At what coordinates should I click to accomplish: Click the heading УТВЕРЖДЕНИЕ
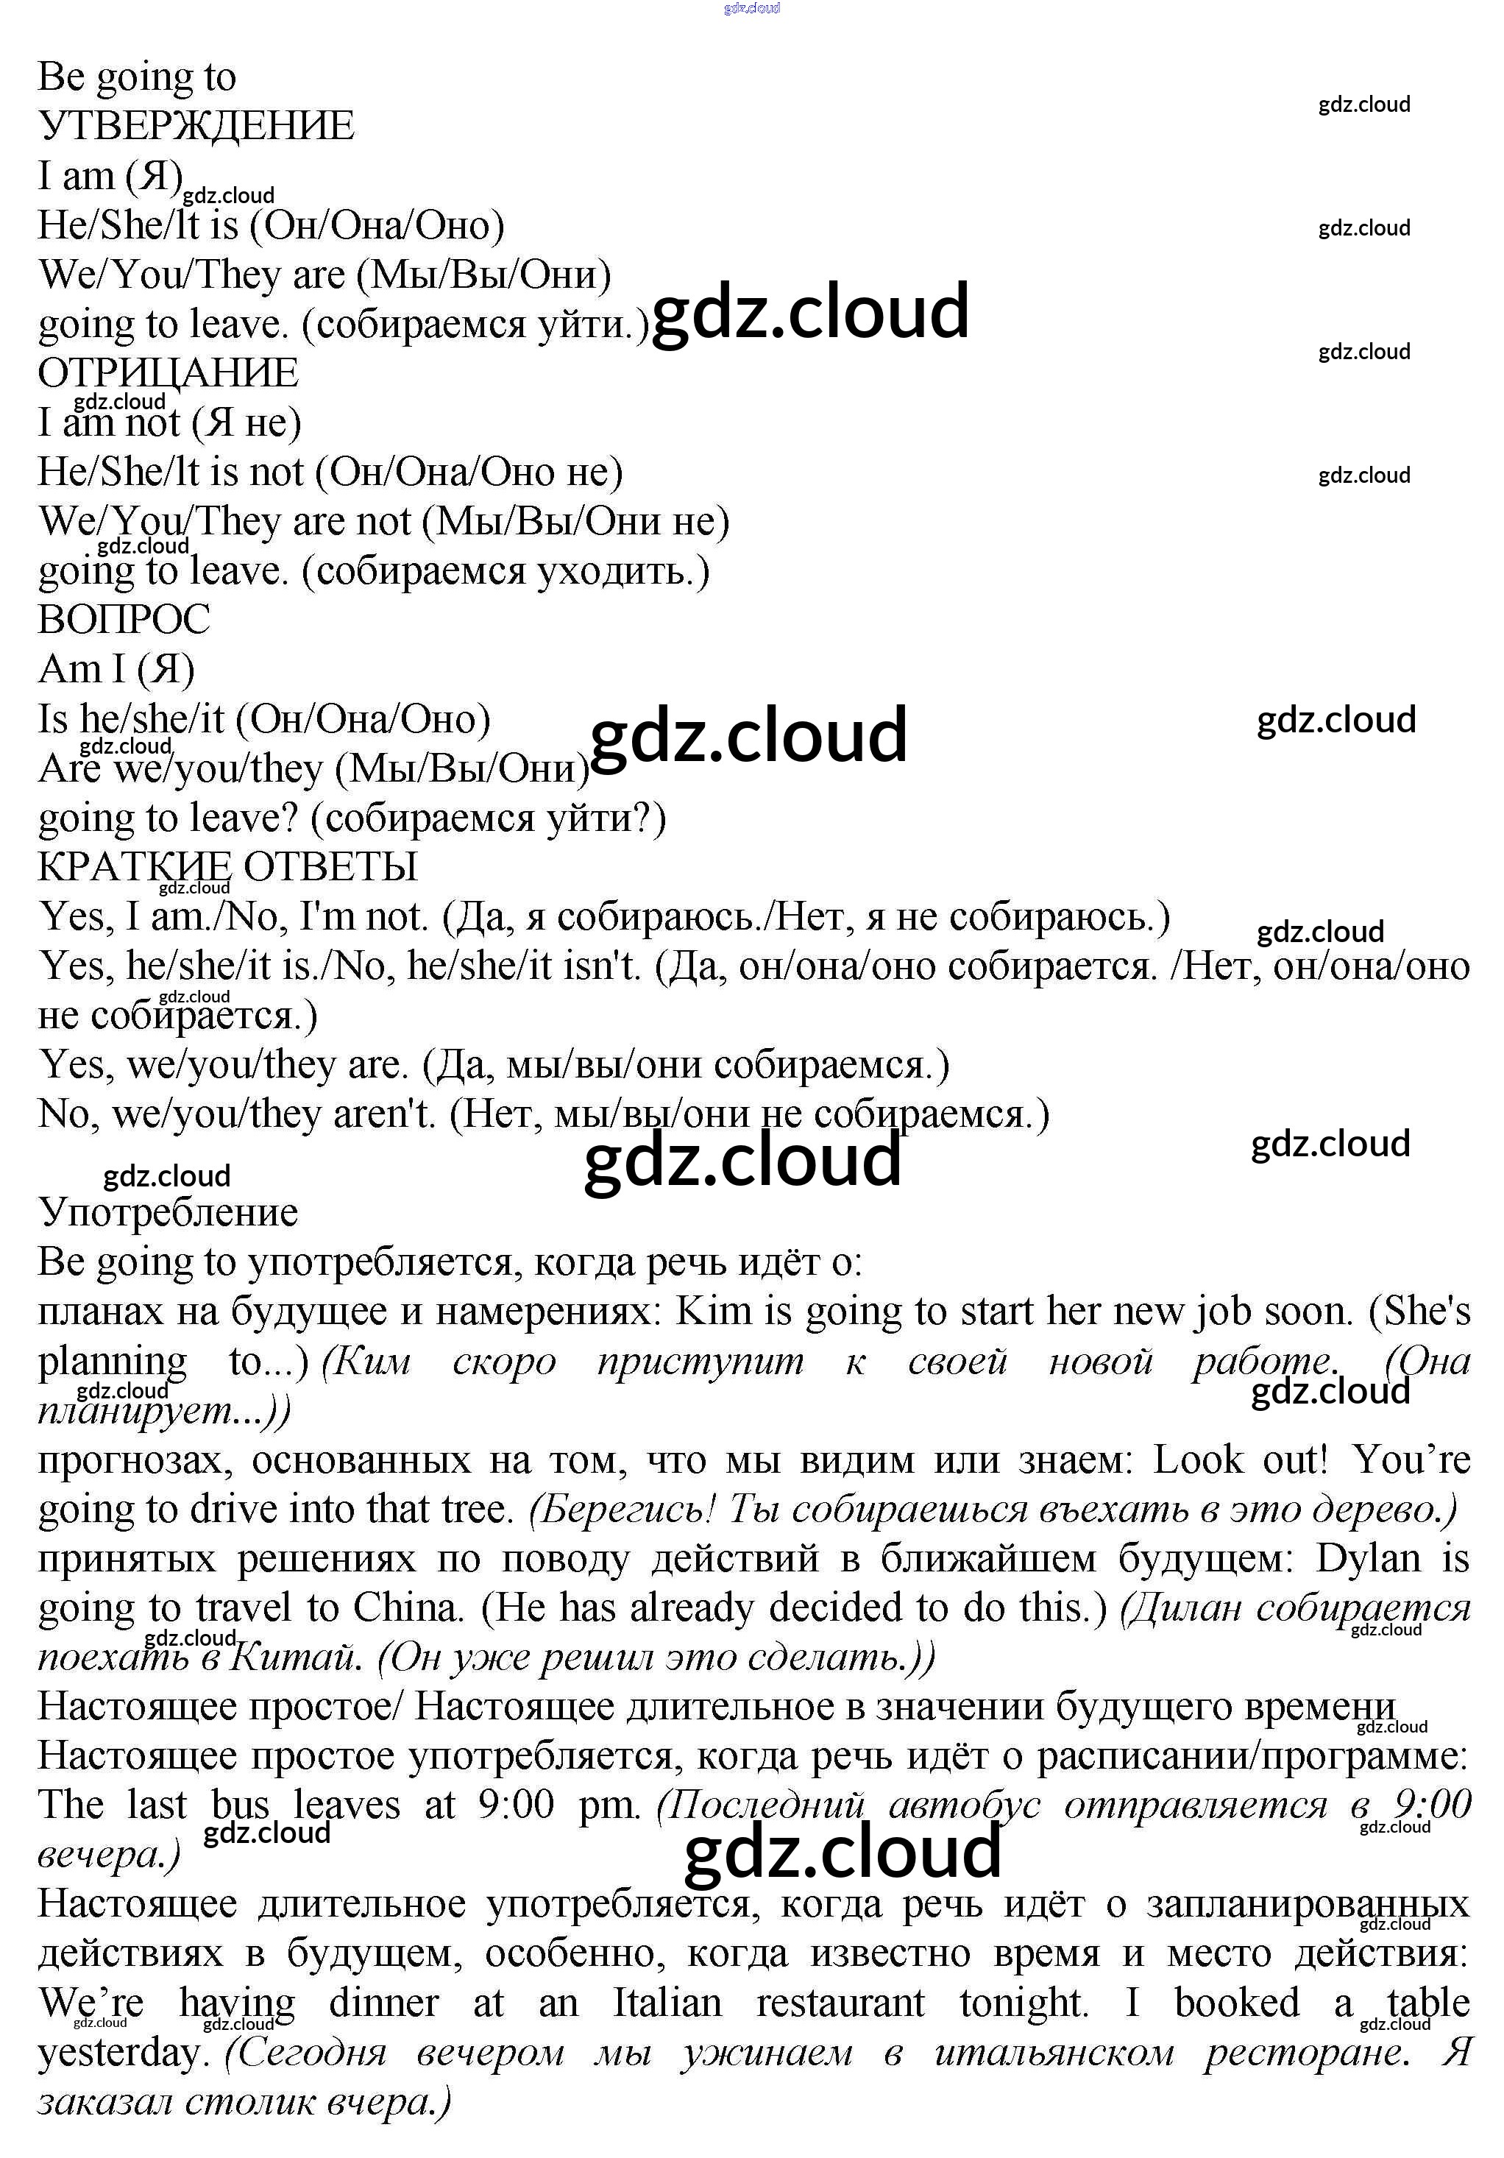196,126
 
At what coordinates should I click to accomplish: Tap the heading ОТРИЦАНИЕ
169,373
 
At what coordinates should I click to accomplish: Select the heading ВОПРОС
124,620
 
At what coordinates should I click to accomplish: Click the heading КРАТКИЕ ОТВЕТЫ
227,866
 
